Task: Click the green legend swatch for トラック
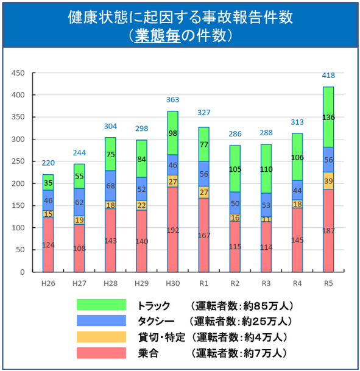click(101, 305)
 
